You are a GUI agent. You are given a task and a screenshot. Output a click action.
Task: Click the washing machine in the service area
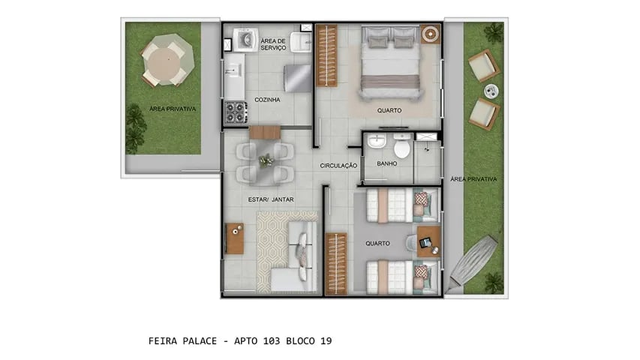[x=244, y=39]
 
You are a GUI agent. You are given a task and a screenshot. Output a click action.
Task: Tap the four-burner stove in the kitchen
[x=235, y=112]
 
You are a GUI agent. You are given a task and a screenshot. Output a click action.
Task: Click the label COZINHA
[x=267, y=99]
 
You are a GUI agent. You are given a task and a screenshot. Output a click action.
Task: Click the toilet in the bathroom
[x=402, y=148]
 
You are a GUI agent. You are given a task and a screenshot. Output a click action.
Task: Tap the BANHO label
[x=386, y=163]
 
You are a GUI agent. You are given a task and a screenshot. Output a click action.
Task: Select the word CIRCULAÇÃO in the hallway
[x=338, y=165]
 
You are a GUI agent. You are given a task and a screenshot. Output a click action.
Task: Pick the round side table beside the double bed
[x=430, y=34]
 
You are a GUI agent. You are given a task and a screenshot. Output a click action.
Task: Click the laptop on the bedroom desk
[x=427, y=242]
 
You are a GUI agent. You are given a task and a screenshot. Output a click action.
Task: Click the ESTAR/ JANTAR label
[x=270, y=199]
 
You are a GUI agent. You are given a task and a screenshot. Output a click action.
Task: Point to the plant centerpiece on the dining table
[x=266, y=160]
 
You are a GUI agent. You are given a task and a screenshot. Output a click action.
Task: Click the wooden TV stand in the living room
[x=235, y=239]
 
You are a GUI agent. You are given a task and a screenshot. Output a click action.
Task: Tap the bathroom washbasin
[x=377, y=142]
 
